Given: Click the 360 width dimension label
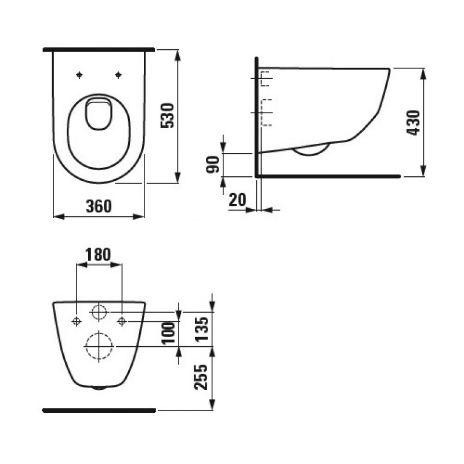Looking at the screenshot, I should tap(98, 205).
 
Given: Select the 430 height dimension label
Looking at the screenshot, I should tap(414, 122).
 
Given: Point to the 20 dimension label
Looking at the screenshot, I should tap(237, 200).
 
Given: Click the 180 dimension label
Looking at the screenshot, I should tap(99, 254).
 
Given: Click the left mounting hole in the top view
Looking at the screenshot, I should tap(78, 74).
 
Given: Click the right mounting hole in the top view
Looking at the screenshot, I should tap(118, 74).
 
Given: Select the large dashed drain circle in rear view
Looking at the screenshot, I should tap(99, 346).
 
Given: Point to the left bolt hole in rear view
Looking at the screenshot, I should tap(76, 321).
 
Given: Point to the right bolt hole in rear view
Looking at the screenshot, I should tap(122, 321).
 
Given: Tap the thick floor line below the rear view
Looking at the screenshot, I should tap(99, 410).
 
